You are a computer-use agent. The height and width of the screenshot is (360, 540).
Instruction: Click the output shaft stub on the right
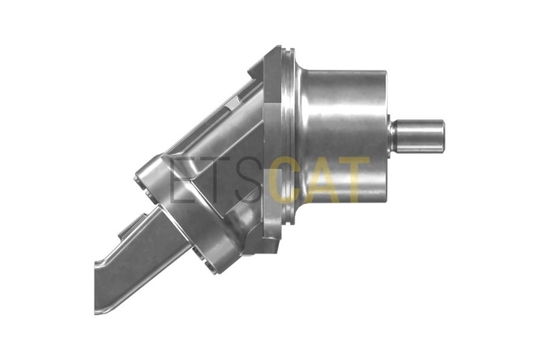point(419,136)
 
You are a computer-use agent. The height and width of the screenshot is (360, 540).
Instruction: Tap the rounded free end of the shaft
point(442,136)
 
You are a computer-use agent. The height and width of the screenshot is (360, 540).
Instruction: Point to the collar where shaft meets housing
point(391,136)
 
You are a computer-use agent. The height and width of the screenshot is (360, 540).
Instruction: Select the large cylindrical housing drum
point(344,136)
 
